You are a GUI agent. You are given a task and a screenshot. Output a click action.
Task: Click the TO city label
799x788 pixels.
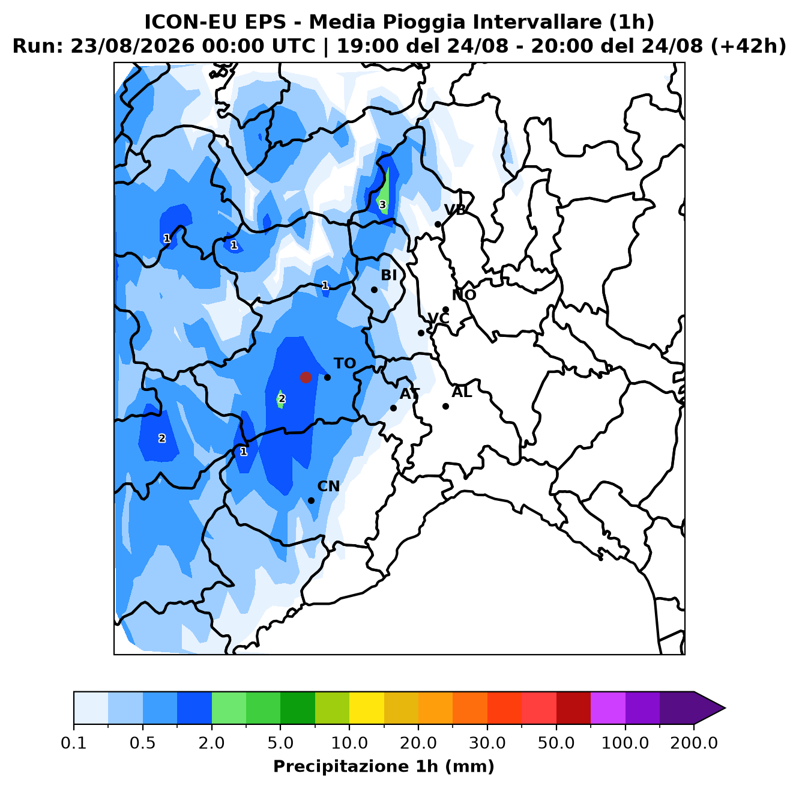click(x=345, y=363)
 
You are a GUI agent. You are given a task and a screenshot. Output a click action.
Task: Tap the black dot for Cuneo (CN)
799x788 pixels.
click(x=311, y=500)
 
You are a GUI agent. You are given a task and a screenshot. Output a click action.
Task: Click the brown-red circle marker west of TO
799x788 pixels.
click(x=306, y=377)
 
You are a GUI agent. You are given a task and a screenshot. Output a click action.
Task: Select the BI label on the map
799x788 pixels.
click(x=388, y=275)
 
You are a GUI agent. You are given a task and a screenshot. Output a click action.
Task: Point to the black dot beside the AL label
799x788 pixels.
click(x=445, y=406)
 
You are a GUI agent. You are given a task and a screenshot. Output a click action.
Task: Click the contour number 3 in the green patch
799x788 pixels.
click(x=382, y=205)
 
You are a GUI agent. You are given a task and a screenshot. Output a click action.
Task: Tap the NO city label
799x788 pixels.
click(x=464, y=295)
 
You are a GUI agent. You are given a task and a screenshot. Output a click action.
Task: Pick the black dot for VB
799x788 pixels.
click(x=438, y=224)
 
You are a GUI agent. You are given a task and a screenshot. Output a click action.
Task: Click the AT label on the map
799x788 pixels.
click(x=409, y=394)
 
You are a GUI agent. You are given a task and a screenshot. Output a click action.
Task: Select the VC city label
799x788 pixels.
click(x=438, y=318)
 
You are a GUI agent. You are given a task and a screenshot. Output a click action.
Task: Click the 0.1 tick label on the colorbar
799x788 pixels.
click(x=74, y=743)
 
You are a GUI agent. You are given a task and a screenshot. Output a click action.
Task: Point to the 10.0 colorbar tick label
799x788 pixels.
click(x=349, y=743)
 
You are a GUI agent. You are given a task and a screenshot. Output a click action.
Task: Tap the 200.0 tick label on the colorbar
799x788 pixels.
click(x=694, y=743)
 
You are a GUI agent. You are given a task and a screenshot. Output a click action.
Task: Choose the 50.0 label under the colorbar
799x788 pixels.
click(x=556, y=743)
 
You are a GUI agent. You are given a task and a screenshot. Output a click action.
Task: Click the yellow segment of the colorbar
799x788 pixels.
click(x=367, y=708)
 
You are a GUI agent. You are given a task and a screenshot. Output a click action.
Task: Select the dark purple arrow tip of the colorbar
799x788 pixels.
click(x=725, y=708)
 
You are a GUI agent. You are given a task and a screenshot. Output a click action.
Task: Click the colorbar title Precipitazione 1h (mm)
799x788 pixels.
click(x=384, y=766)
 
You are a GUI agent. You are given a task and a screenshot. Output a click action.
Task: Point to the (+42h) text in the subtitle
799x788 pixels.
click(x=748, y=46)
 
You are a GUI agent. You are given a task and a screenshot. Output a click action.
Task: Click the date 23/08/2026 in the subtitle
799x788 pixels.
click(x=132, y=46)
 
